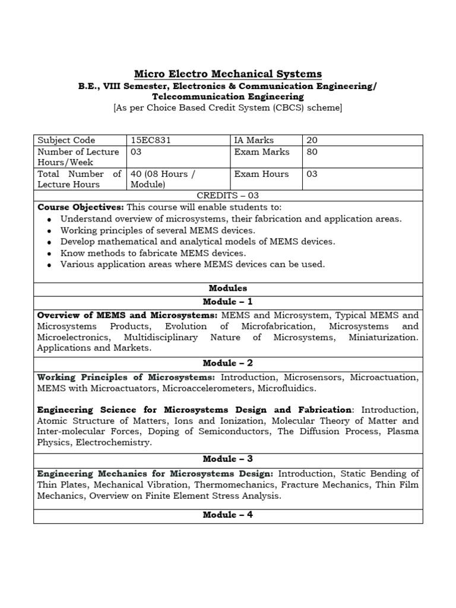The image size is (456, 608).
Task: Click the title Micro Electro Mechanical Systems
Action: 228,74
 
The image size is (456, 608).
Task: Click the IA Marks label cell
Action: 254,141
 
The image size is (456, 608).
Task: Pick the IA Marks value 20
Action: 312,141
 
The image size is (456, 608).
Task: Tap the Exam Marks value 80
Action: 312,152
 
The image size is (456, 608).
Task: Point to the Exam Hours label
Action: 261,174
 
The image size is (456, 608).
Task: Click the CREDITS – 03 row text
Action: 228,195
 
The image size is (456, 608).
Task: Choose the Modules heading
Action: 228,289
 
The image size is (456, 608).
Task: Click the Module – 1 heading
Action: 228,302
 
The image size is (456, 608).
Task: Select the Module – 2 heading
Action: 228,363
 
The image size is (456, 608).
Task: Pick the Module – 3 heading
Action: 228,459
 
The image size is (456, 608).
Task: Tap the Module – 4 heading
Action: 228,515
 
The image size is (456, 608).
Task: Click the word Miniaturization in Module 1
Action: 383,337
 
